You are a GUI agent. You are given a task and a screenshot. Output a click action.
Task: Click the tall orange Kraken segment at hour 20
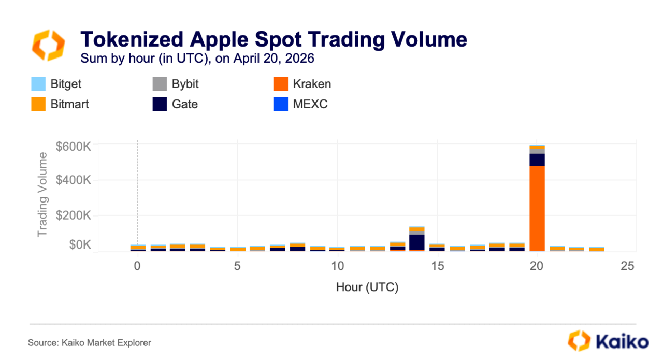pos(537,208)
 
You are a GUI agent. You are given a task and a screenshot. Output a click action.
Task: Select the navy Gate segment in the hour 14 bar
pos(417,242)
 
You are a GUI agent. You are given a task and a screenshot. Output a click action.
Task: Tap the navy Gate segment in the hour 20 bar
pos(537,160)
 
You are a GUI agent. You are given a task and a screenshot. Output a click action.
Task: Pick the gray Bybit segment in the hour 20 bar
pos(537,151)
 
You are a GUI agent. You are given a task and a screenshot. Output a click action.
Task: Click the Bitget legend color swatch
pos(38,84)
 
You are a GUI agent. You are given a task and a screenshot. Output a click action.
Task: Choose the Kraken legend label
pos(312,84)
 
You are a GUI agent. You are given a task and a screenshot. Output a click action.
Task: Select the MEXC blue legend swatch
pos(281,104)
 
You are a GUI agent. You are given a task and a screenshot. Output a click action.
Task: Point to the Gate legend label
pos(185,104)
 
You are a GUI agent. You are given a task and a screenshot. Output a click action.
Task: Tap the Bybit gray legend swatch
pos(160,84)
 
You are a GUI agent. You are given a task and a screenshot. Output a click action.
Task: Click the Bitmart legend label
pos(69,104)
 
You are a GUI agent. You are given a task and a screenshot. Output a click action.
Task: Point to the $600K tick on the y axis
pos(73,147)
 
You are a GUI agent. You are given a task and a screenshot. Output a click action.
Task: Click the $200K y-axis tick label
pos(73,215)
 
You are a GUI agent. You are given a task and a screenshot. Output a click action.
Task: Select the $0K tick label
pos(80,245)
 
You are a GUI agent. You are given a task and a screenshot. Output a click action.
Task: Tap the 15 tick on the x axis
pos(438,266)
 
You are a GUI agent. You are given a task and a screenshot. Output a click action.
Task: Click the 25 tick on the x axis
pos(627,266)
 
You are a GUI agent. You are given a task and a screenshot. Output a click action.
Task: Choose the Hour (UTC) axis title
pos(367,287)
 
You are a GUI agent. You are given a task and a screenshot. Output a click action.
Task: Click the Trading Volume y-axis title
pos(42,195)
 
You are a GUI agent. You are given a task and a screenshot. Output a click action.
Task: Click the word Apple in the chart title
pos(219,39)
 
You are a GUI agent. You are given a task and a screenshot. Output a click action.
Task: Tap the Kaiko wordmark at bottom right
pos(622,342)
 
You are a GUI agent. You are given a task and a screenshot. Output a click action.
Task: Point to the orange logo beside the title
pos(49,45)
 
